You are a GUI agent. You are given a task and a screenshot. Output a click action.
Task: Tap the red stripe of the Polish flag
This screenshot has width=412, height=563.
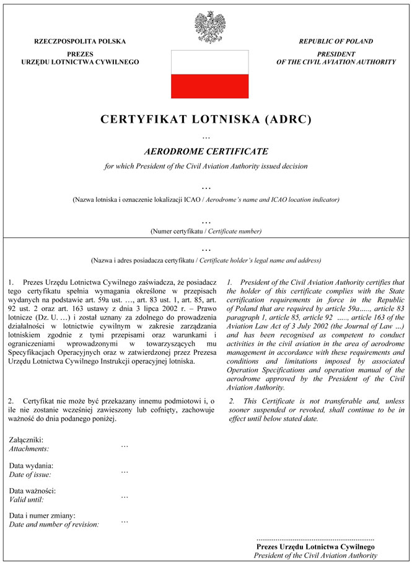pos(210,85)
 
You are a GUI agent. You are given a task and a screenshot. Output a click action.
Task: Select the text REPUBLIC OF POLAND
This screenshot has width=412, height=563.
pos(336,41)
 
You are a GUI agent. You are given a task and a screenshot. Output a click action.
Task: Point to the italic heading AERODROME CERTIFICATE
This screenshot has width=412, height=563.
pos(206,151)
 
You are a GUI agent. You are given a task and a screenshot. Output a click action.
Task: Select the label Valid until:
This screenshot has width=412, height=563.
pos(27,499)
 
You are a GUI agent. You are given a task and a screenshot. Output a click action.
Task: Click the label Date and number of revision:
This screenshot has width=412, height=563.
pos(54,524)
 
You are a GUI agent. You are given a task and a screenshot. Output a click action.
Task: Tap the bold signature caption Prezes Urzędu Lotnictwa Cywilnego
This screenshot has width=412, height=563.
pos(315,548)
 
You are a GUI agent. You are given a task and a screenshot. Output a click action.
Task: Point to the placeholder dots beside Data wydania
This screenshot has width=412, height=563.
pos(125,471)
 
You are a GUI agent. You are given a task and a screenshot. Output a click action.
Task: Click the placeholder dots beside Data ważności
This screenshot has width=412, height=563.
pos(125,495)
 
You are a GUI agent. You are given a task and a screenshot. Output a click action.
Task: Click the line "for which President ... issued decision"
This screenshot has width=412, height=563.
pos(206,166)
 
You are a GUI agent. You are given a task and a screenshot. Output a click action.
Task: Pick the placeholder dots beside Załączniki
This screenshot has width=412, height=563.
pos(125,445)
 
